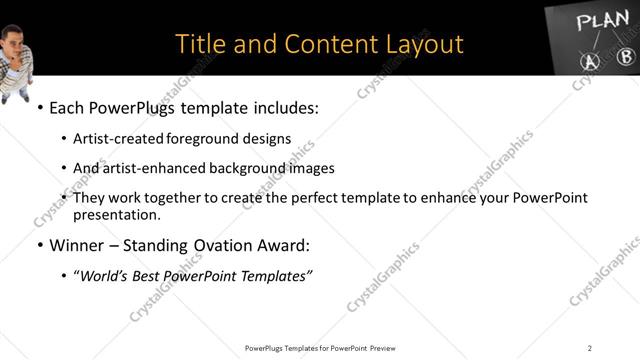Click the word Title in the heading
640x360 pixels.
(x=197, y=44)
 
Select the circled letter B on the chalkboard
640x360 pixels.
(x=625, y=57)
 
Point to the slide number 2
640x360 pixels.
(x=589, y=348)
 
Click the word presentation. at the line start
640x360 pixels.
(x=116, y=214)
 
